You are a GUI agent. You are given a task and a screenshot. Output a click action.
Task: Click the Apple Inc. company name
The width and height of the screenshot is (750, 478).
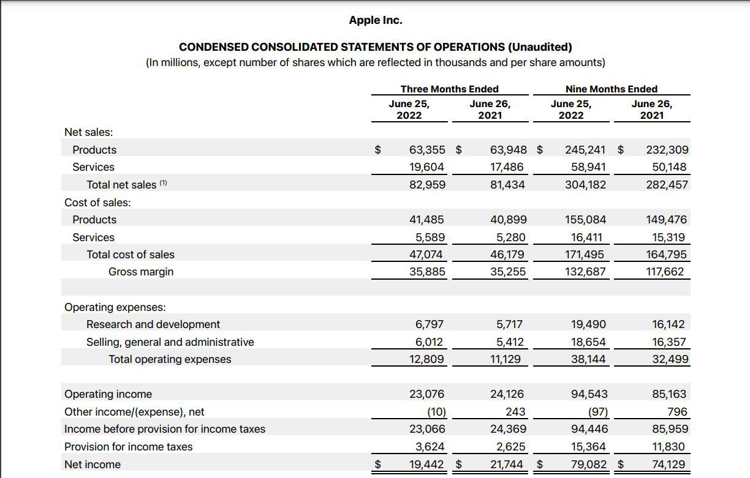[x=376, y=20]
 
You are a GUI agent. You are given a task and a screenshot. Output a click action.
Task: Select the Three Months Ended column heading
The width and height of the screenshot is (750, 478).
[x=449, y=89]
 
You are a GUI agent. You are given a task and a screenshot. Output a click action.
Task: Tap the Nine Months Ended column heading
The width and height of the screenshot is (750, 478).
[x=611, y=89]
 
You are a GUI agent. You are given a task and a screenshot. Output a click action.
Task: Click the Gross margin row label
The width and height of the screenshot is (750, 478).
[x=141, y=272]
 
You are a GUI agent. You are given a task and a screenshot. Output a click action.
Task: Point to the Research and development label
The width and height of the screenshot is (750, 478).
[x=153, y=324]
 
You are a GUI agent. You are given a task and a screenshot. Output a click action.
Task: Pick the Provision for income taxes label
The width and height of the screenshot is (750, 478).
[x=128, y=447]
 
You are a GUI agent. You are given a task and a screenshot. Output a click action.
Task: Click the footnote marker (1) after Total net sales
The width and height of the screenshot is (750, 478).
[x=164, y=183]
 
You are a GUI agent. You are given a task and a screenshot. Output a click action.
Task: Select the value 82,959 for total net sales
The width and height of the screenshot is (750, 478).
[x=427, y=185]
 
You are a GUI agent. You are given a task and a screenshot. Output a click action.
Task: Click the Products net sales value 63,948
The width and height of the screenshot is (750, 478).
[x=509, y=150]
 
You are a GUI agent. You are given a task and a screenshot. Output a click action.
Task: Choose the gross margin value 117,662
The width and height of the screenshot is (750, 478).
[x=665, y=272]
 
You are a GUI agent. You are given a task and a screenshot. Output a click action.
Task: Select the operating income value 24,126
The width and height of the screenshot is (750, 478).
[x=507, y=394]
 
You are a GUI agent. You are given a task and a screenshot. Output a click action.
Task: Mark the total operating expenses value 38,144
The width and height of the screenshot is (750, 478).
[x=588, y=359]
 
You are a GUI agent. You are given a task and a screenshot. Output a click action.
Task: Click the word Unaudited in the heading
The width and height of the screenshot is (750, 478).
[x=540, y=47]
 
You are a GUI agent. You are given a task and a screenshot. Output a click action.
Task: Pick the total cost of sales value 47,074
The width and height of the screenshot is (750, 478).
[x=426, y=255]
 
